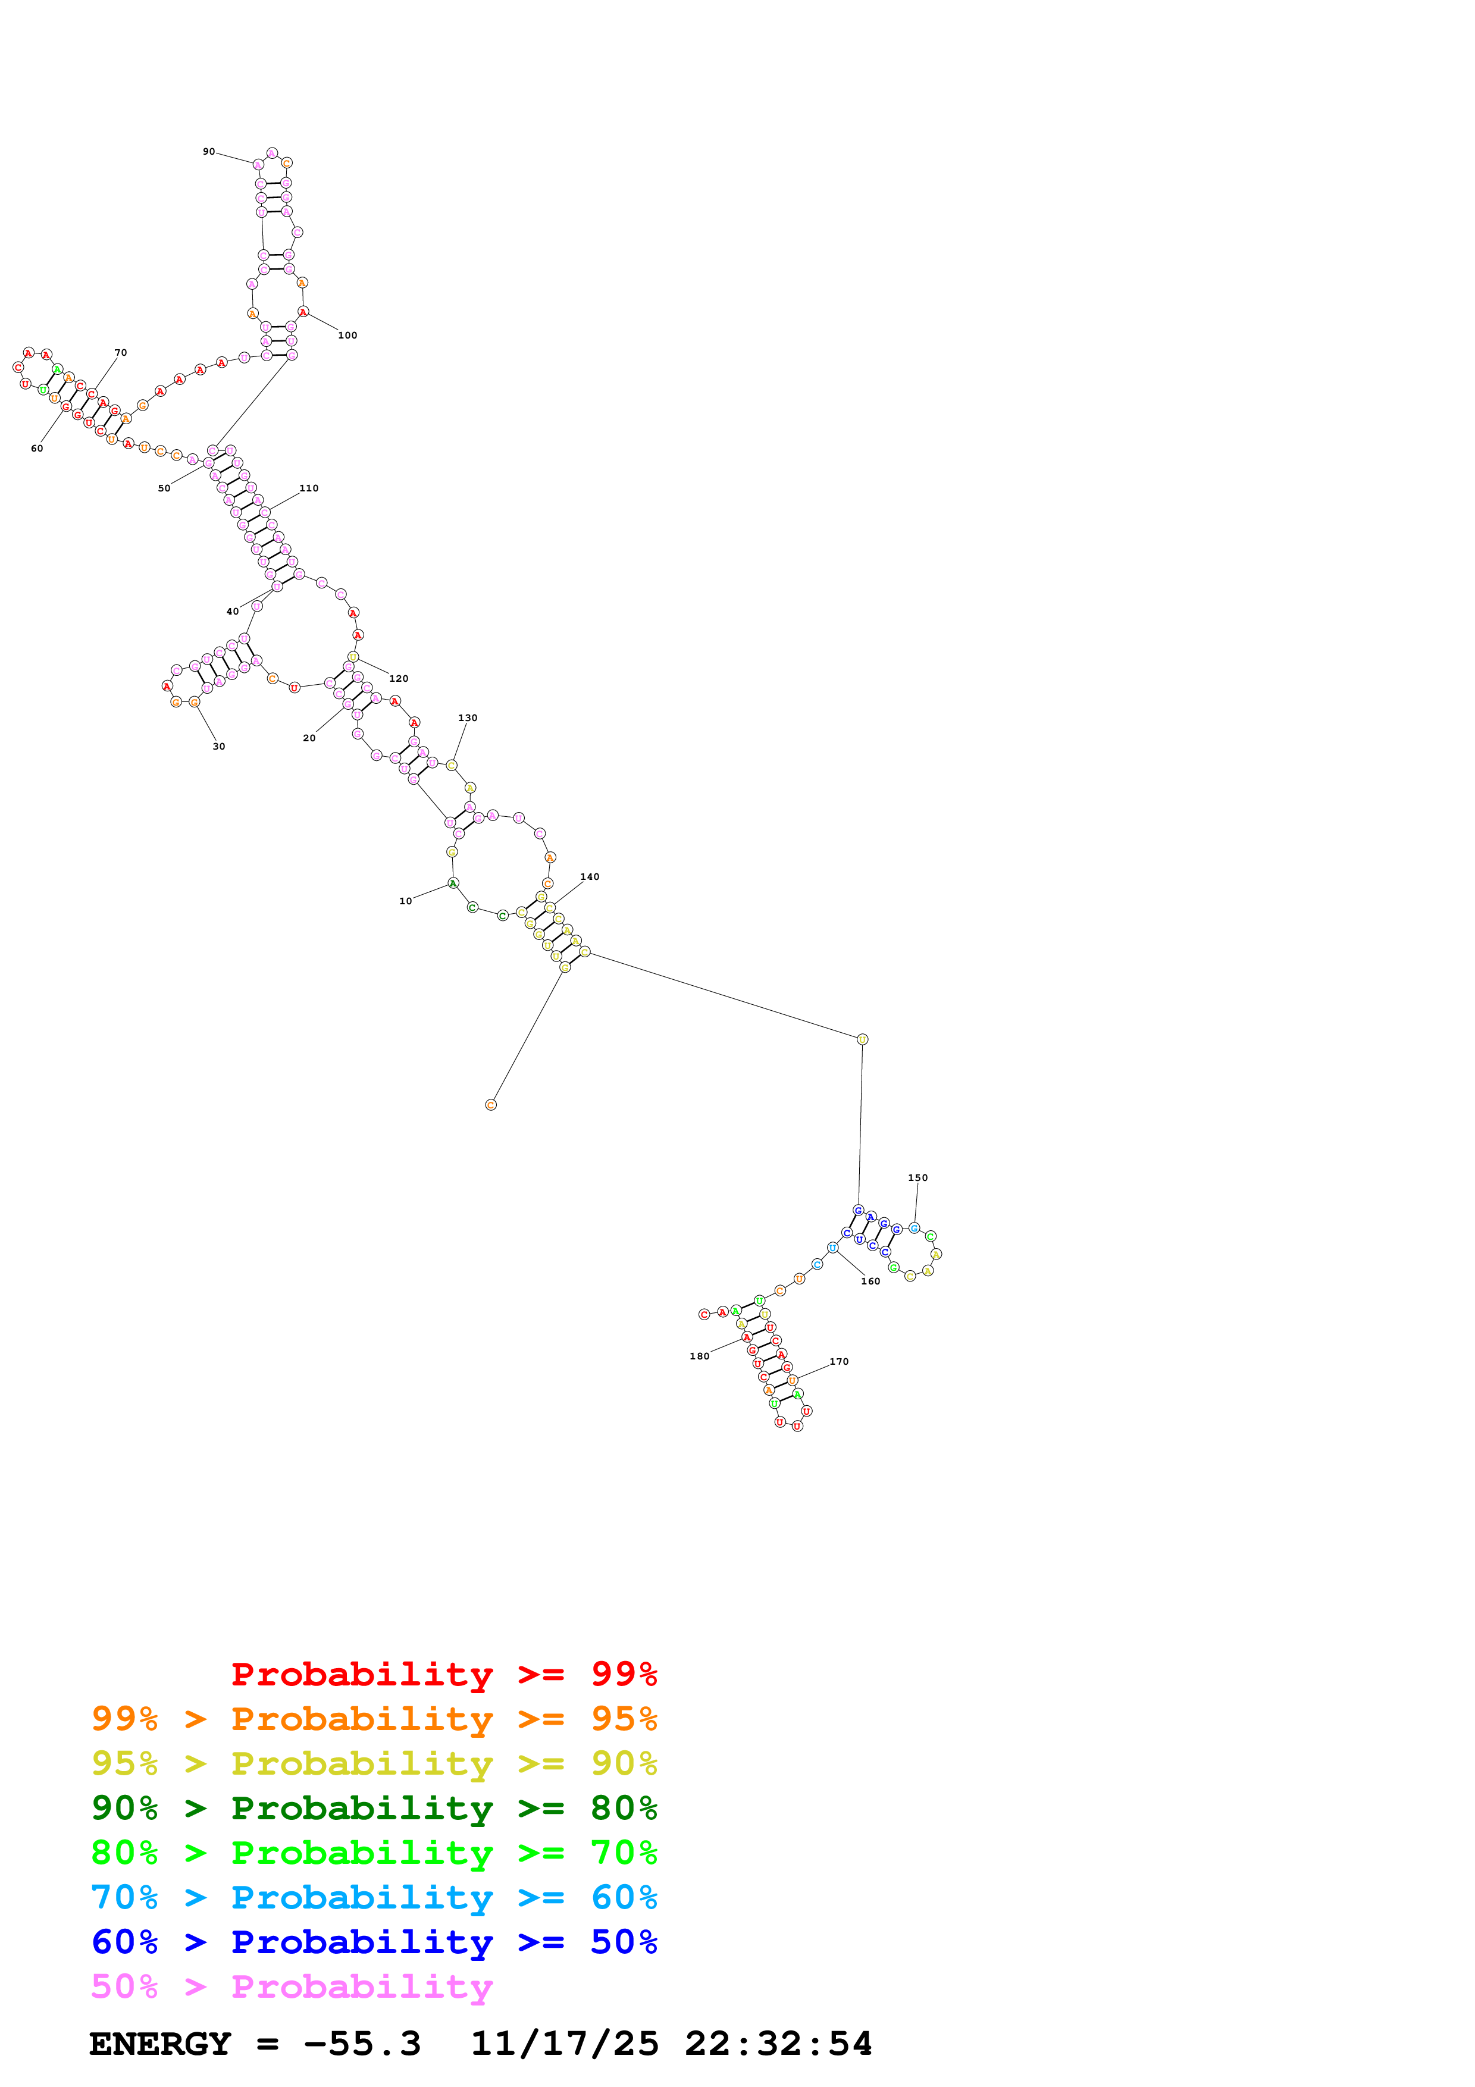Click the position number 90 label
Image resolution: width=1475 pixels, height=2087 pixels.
208,152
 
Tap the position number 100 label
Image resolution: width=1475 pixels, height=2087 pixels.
347,336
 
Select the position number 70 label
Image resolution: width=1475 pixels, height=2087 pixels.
121,353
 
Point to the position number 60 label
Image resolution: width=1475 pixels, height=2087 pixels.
37,448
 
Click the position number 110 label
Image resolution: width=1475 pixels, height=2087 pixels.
309,488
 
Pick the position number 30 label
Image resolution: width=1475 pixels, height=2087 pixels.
219,746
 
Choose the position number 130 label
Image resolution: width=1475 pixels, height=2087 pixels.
467,718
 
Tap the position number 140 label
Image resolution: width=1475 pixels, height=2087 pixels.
590,877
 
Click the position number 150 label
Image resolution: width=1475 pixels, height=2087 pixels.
918,1178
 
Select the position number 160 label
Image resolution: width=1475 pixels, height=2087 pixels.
870,1281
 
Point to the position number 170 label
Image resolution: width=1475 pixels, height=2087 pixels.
839,1362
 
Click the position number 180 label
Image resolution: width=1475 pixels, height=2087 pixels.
699,1356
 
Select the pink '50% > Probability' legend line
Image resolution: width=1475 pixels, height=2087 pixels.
292,1987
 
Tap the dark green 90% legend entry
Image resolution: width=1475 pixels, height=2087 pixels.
374,1808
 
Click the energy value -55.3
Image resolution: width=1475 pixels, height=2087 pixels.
362,2044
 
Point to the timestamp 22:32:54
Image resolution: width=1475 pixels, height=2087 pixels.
778,2044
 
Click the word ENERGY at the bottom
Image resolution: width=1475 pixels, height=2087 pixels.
160,2044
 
